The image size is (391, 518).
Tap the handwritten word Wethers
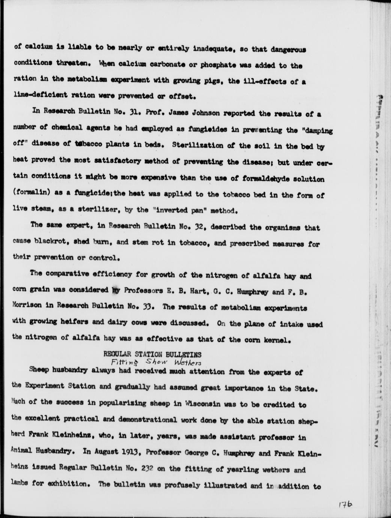187,362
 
